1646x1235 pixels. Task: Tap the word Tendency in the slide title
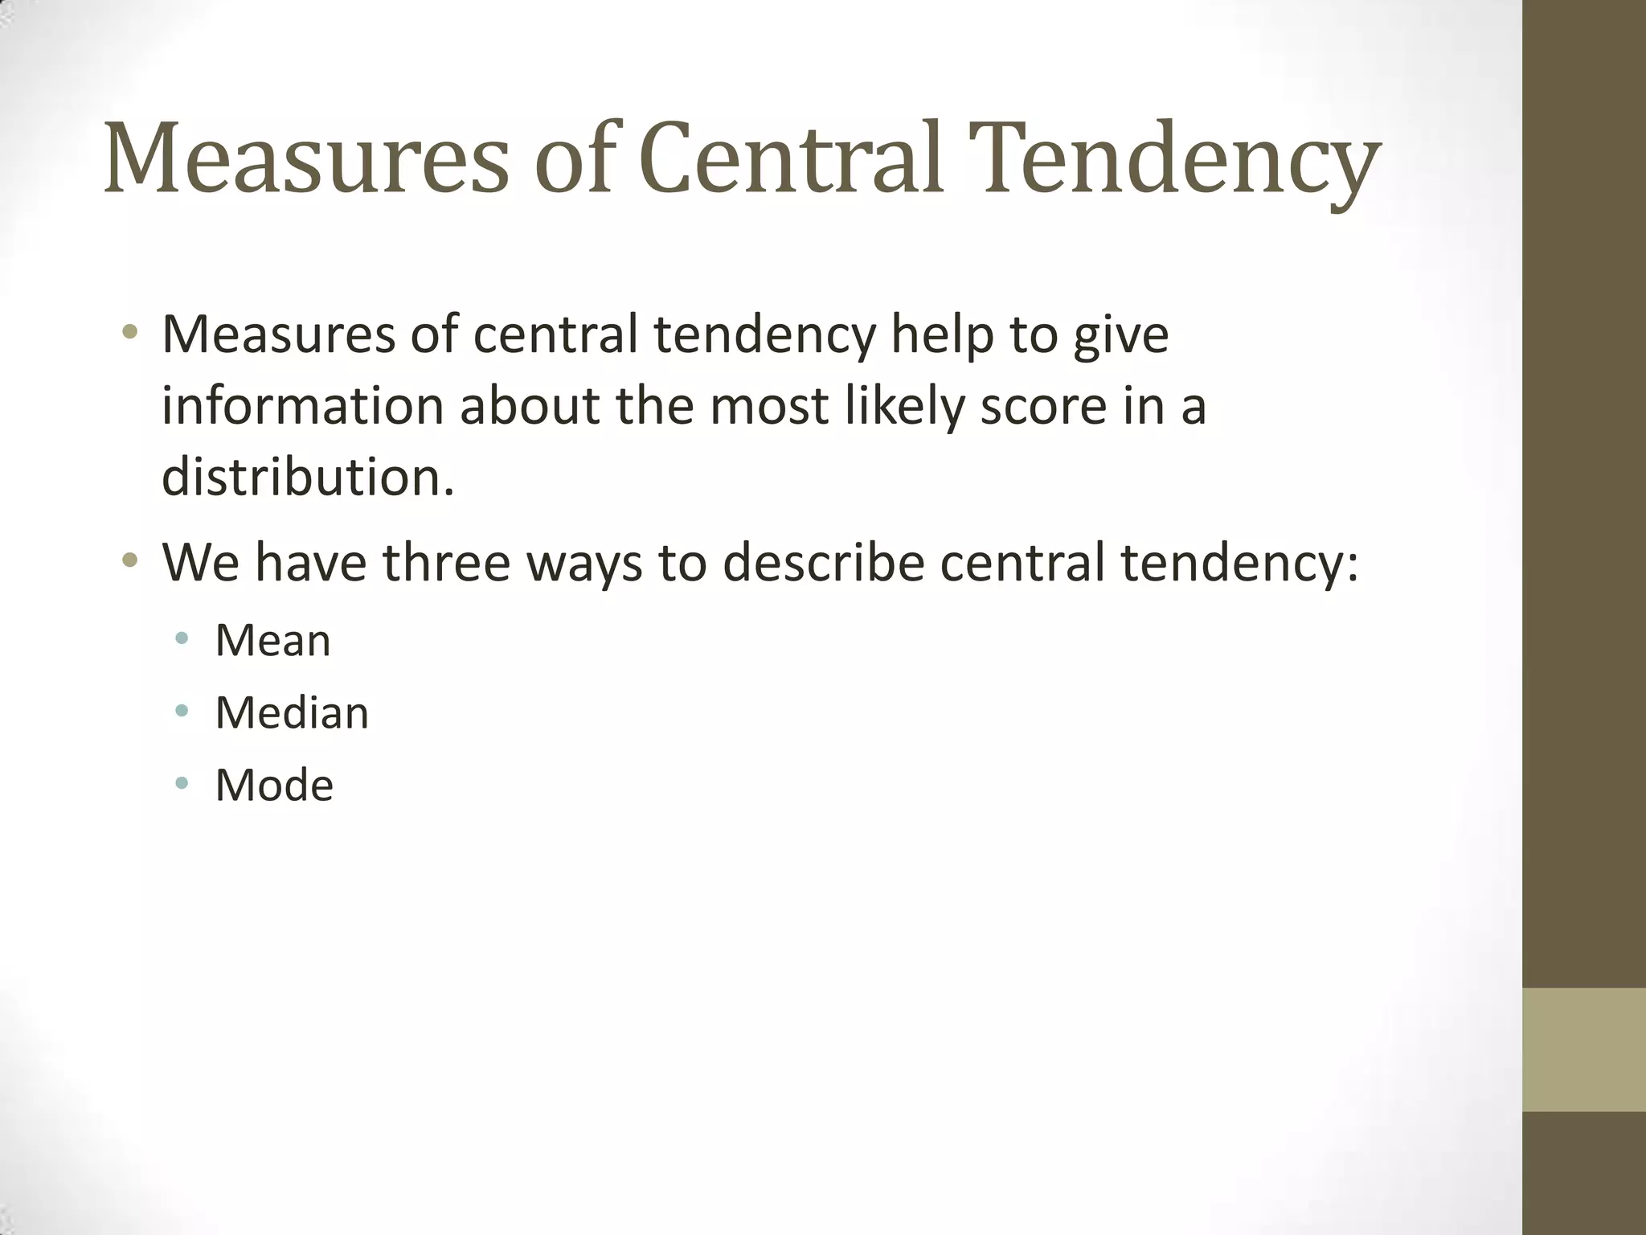[1174, 158]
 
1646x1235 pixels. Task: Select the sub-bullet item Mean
[273, 641]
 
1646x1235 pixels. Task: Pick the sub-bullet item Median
[292, 713]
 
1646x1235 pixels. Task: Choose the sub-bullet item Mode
[274, 786]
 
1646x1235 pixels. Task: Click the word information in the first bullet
[302, 405]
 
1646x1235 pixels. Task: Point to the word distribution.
[308, 477]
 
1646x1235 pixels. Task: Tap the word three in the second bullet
[446, 562]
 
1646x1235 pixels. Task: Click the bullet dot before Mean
[182, 639]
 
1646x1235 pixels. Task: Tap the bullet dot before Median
[182, 711]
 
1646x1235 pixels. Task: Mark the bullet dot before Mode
[182, 782]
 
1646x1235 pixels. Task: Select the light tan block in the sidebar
[1584, 1049]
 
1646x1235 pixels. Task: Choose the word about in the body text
[530, 405]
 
